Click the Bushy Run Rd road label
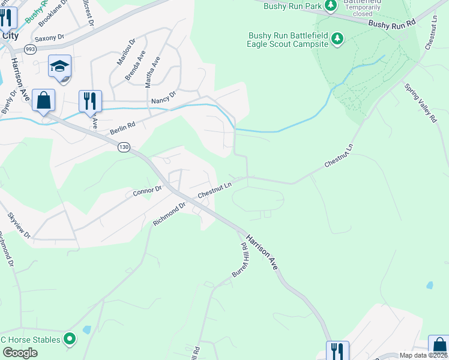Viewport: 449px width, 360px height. coord(392,24)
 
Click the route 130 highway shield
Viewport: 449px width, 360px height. coord(124,147)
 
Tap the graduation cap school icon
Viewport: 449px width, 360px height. coord(60,67)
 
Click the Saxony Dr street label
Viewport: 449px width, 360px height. coord(49,38)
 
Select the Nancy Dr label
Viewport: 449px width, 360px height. coord(164,97)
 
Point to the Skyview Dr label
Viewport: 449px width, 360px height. coord(19,226)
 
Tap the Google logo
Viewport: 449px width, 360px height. coord(20,353)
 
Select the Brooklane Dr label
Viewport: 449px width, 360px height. coord(53,13)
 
